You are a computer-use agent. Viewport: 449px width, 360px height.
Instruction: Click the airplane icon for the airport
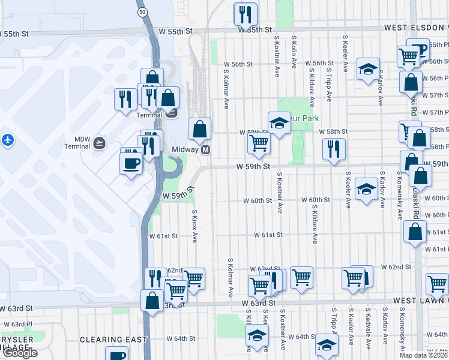click(7, 140)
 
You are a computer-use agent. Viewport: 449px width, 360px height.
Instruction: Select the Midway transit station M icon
click(205, 149)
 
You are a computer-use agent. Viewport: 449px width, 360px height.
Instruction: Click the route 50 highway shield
click(141, 12)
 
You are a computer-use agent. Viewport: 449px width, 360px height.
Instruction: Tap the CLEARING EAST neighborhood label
click(113, 340)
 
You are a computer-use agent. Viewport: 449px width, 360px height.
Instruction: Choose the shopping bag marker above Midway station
click(199, 128)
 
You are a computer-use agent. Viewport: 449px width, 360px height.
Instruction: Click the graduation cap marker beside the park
click(279, 123)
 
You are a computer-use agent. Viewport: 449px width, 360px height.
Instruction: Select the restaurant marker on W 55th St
click(246, 13)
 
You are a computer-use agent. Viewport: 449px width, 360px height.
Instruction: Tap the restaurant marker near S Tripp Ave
click(333, 149)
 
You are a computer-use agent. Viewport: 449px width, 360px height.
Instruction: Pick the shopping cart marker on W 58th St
click(259, 143)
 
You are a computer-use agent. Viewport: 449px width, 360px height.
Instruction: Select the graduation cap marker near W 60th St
click(366, 188)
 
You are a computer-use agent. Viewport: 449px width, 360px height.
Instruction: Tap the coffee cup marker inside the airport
click(131, 163)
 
